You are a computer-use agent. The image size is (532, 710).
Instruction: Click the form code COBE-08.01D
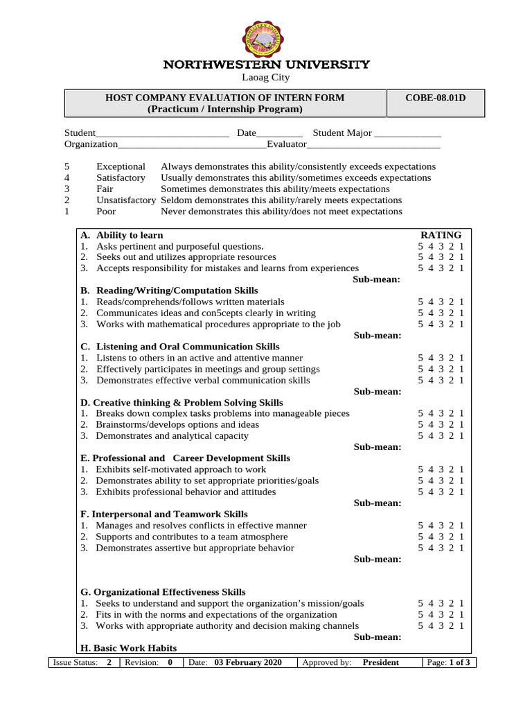435,98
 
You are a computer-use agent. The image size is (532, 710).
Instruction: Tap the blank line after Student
163,133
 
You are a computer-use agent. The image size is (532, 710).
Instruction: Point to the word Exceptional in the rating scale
121,166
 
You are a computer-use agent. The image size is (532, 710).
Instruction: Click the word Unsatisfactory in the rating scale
125,200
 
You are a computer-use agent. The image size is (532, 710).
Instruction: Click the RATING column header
441,235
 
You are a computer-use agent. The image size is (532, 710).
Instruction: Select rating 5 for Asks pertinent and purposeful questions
420,246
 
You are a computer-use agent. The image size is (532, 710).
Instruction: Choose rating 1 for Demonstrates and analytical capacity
461,436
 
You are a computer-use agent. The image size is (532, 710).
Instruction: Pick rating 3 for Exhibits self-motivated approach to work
441,469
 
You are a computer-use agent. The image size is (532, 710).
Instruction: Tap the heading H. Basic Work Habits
128,648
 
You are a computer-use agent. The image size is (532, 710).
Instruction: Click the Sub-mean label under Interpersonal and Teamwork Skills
378,559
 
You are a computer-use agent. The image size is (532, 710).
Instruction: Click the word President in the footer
380,663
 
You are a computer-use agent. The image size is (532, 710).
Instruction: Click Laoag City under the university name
265,78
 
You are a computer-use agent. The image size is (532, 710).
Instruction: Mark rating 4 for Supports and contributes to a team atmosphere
430,537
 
